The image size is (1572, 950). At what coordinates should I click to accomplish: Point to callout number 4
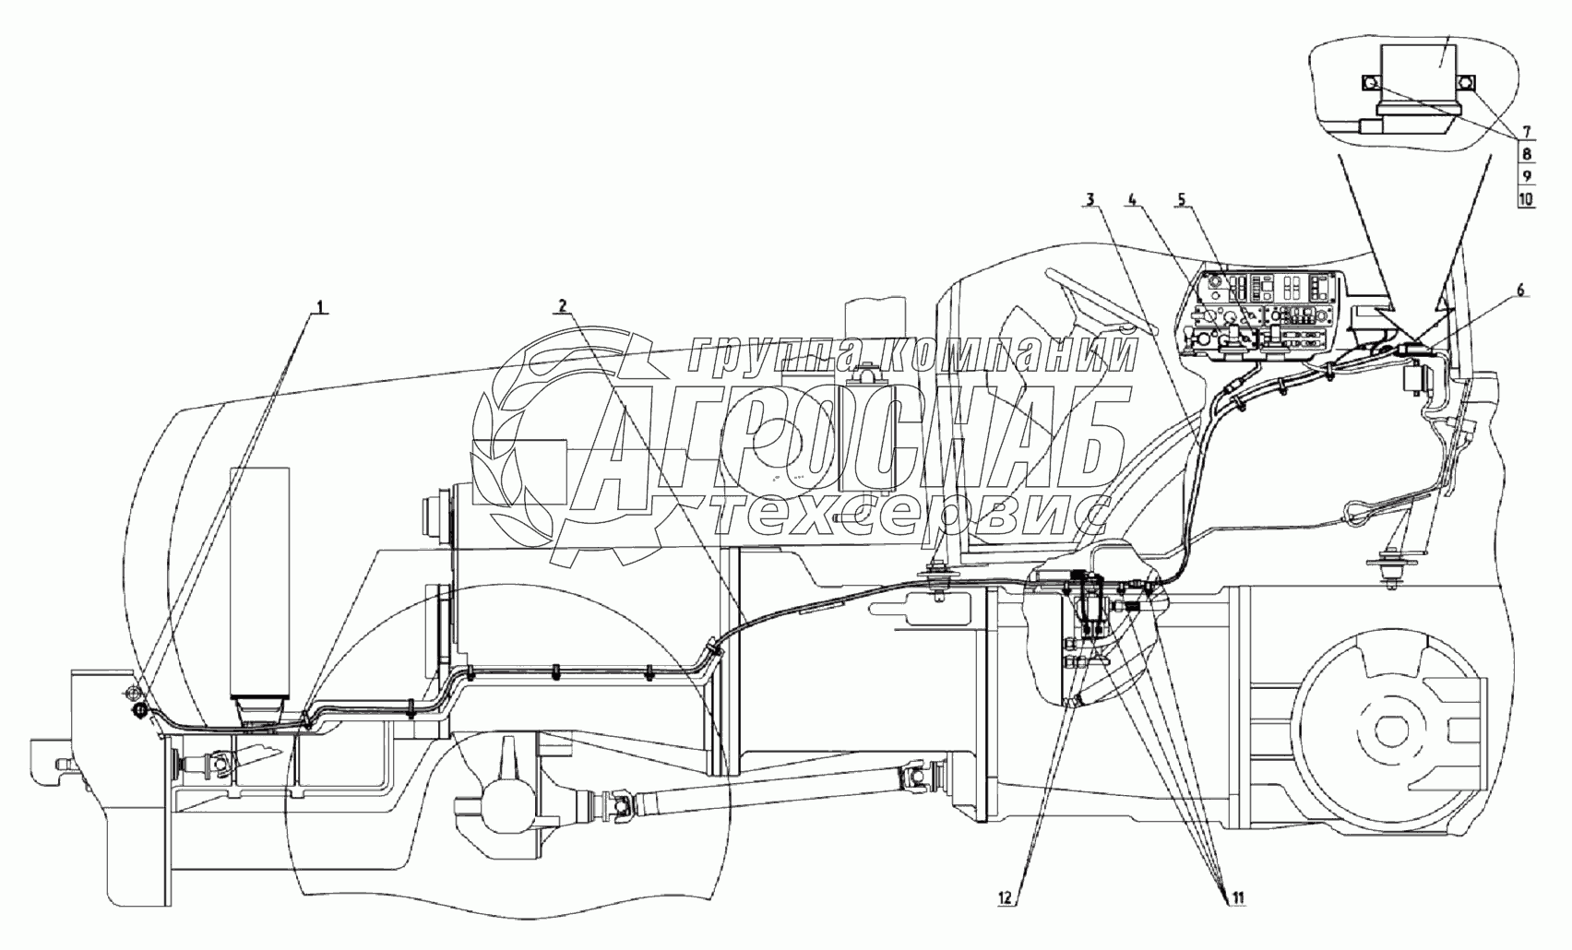coord(1134,199)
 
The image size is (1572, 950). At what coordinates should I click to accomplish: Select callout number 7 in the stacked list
coord(1526,131)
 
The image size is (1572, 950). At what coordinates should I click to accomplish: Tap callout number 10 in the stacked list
coord(1526,197)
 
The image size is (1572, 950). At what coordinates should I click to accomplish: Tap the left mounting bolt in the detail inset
coord(1372,84)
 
